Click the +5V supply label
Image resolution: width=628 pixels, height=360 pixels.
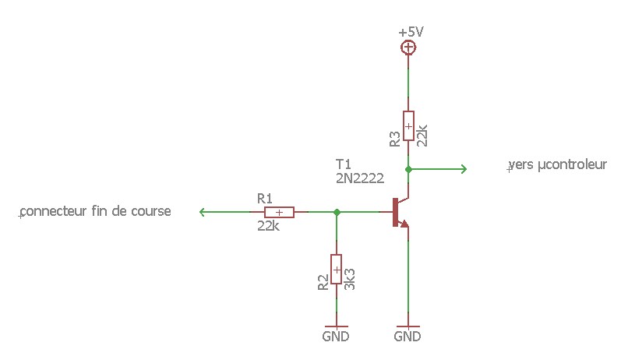click(411, 32)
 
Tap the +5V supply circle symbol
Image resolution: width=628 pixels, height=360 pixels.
click(407, 48)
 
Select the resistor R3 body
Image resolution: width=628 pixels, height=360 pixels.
click(408, 125)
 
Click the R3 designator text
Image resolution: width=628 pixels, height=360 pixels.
click(395, 139)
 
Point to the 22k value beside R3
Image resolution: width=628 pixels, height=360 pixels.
click(422, 135)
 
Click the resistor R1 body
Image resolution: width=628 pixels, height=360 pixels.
click(279, 212)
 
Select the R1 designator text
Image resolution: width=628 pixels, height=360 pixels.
click(264, 198)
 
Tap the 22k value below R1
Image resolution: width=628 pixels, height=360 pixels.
click(267, 226)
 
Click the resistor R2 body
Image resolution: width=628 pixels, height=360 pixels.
click(337, 269)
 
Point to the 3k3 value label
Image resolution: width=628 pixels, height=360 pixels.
click(350, 280)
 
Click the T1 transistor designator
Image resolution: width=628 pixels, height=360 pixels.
click(343, 164)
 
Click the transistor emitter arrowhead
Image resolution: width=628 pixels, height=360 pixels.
click(404, 224)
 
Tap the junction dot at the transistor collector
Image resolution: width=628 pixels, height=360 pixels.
click(408, 168)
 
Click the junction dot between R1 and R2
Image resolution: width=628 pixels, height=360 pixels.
click(337, 212)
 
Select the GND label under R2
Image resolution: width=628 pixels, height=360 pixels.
click(336, 337)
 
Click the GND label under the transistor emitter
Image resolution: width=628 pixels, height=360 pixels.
click(407, 337)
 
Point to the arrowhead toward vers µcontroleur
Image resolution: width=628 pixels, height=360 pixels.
click(464, 168)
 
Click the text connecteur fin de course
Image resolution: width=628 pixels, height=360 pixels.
click(96, 211)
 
